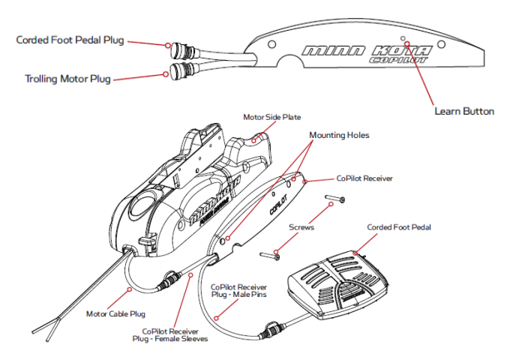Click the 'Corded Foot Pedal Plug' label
tap(70, 40)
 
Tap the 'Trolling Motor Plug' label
tap(67, 78)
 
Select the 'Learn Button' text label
tap(464, 111)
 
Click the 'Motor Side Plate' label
tap(272, 118)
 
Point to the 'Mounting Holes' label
tap(337, 135)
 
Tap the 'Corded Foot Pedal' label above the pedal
tap(398, 227)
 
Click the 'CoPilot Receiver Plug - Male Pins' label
tap(238, 291)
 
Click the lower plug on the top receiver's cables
tap(180, 71)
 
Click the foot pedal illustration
tap(337, 281)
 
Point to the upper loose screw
tap(334, 199)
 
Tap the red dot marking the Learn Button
tap(407, 43)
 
